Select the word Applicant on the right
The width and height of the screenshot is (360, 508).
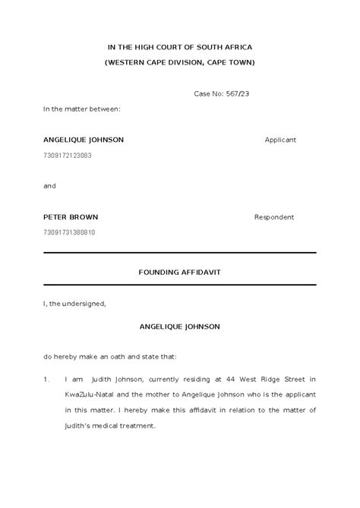tap(280, 140)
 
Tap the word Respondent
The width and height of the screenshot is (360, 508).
tap(274, 217)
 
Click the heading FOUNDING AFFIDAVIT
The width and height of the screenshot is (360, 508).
tap(179, 271)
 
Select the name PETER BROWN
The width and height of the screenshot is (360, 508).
tap(71, 217)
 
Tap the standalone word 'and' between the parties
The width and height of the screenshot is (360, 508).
tap(49, 186)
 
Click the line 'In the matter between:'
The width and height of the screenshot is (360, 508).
tap(81, 109)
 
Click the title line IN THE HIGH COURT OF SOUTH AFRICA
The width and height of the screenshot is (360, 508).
tap(179, 47)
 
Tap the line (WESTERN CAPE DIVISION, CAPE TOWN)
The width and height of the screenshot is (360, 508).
tap(179, 62)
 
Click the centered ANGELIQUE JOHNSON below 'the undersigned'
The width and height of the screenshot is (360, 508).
tap(179, 327)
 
